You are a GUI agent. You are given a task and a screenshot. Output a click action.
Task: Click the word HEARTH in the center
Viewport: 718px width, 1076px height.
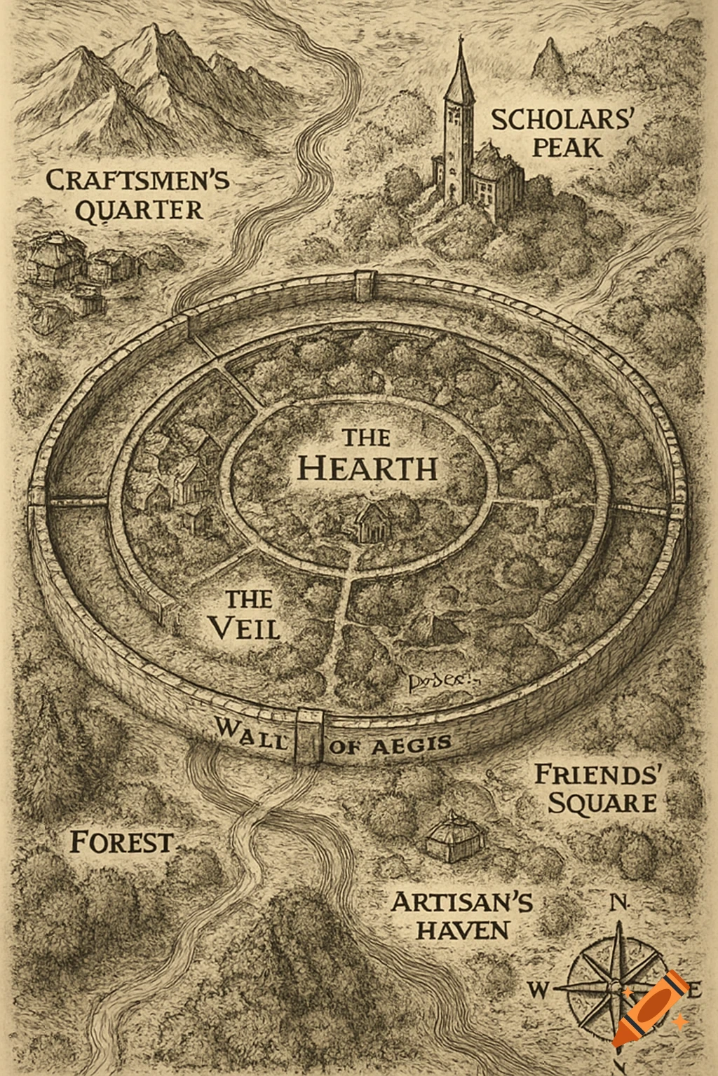pos(367,468)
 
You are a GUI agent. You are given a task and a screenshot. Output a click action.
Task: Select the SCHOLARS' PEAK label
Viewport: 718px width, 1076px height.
pos(562,132)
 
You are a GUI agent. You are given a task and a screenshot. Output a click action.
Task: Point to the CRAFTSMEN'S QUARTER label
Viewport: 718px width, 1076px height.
pos(137,195)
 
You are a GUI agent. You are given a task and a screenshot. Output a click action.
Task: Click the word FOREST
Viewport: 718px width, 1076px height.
pos(121,841)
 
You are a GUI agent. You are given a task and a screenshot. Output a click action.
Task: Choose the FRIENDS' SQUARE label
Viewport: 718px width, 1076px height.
pos(600,789)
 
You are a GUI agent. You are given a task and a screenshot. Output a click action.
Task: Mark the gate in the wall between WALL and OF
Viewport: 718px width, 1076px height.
pos(309,736)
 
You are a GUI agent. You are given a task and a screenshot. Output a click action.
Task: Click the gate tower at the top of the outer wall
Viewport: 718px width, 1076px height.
pos(367,282)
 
